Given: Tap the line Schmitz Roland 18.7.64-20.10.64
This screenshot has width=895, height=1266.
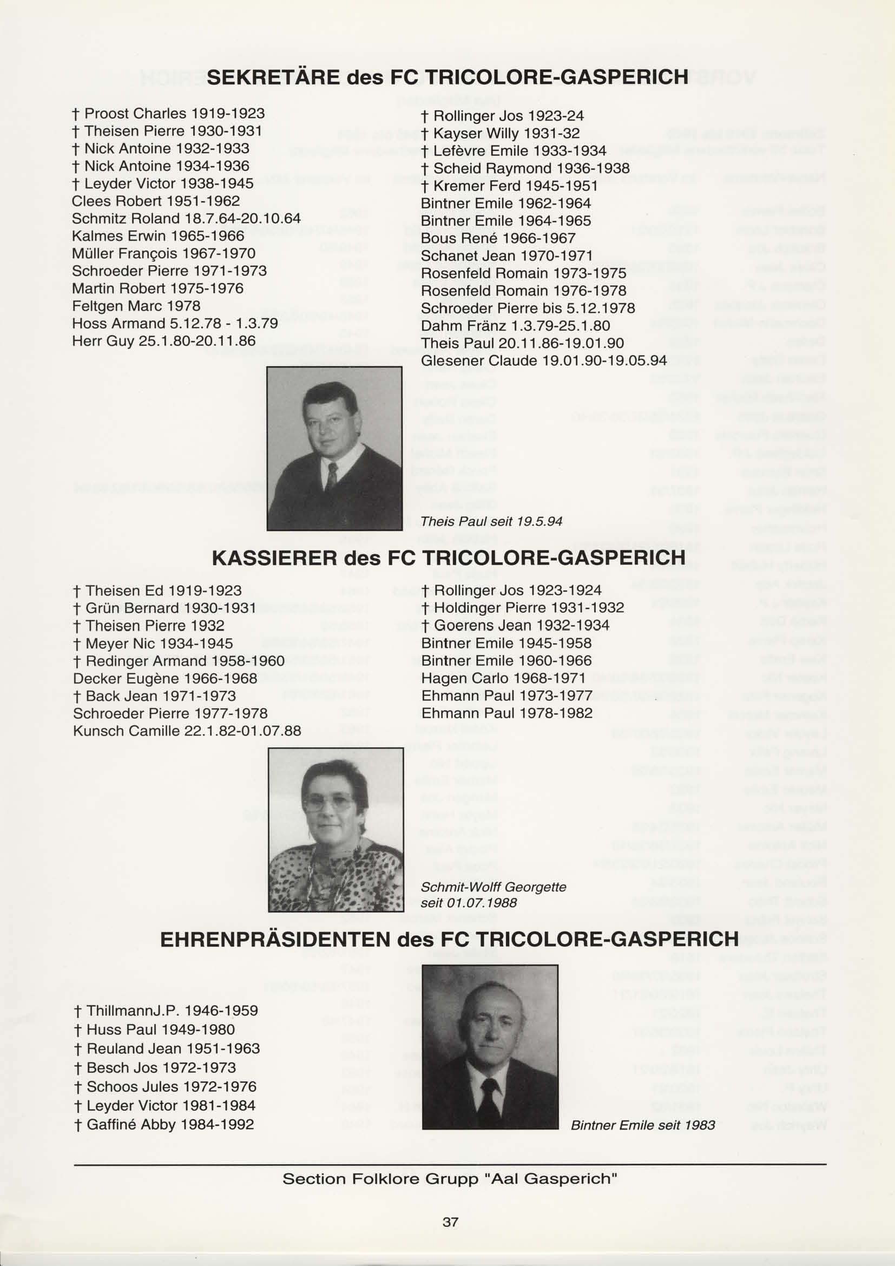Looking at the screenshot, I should (x=186, y=218).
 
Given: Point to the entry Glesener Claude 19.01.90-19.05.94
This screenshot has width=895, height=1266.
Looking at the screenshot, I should (x=543, y=360).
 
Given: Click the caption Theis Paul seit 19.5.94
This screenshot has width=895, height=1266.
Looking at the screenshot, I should (x=491, y=521).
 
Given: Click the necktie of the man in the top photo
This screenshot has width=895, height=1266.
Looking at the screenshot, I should (x=332, y=476).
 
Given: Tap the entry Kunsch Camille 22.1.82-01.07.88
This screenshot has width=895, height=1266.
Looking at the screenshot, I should (x=187, y=731).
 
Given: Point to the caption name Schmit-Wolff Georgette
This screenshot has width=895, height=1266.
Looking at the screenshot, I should (x=493, y=887).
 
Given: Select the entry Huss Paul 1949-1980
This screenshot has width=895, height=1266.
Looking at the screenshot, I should (x=160, y=1029).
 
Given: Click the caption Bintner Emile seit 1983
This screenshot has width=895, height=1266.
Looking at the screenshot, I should (x=643, y=1125).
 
